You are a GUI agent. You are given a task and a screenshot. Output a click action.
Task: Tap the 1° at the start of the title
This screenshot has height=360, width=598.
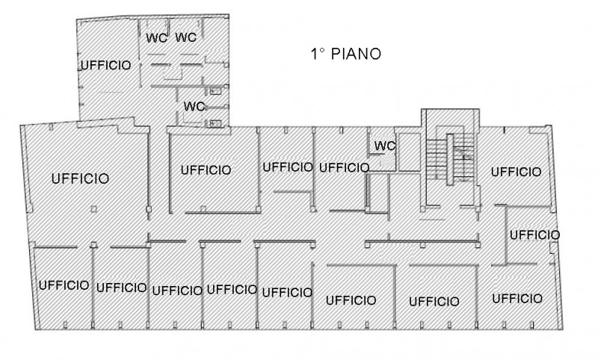tap(318, 54)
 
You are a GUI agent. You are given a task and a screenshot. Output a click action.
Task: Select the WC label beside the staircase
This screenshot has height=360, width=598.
tap(384, 145)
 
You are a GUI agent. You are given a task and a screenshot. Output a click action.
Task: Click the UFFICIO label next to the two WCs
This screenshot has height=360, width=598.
tap(105, 65)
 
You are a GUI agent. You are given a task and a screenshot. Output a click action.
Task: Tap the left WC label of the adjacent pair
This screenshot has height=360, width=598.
tap(155, 38)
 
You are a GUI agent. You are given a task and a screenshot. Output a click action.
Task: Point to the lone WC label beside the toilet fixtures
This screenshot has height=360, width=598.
tap(194, 106)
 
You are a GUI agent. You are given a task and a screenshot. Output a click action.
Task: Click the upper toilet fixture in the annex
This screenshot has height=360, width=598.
tap(215, 91)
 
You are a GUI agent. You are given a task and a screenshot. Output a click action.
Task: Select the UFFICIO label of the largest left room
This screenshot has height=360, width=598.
tap(81, 179)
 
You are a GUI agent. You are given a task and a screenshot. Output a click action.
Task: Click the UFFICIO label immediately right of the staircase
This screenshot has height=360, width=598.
tap(516, 172)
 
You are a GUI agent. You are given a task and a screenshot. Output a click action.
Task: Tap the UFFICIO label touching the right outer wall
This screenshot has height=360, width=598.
tap(534, 235)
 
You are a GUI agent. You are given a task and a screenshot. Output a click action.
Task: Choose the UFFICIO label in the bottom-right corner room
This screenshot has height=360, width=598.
tap(517, 299)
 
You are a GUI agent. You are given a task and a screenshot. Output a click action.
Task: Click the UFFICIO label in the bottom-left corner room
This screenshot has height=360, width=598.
tap(64, 285)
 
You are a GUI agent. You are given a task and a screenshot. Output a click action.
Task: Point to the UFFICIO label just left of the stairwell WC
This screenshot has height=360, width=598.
tap(344, 167)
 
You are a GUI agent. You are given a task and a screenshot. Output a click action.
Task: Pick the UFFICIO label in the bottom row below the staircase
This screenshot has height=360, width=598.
tap(434, 302)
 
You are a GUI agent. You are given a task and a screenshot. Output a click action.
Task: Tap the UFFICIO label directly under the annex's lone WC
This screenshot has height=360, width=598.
tap(206, 170)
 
